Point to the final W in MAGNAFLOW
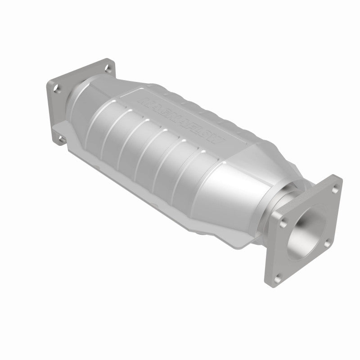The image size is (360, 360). (219, 140)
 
